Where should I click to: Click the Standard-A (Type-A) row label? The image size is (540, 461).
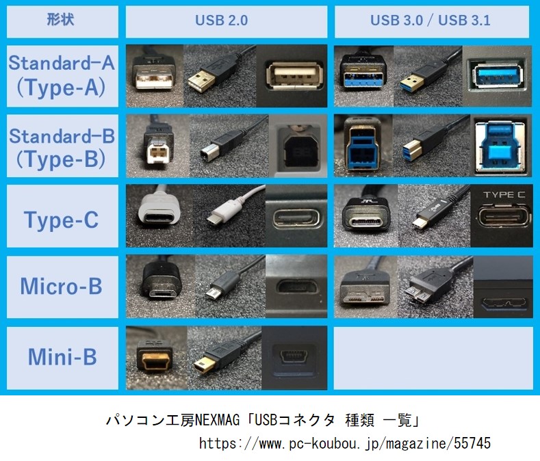click(62, 76)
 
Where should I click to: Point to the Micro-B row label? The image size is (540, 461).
click(62, 287)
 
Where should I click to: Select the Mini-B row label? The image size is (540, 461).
click(62, 358)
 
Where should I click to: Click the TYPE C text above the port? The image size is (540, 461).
click(504, 195)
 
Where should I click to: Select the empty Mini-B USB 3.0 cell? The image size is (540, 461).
click(433, 358)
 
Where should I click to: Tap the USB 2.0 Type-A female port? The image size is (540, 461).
click(294, 76)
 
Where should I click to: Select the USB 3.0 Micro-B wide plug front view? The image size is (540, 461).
click(364, 290)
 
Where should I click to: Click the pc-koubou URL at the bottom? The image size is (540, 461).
click(345, 443)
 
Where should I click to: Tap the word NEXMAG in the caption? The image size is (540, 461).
click(218, 420)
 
